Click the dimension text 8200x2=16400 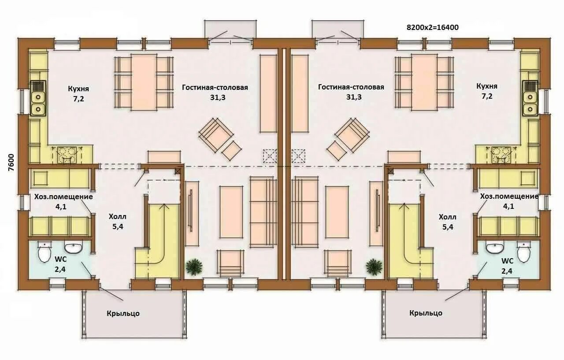[x=433, y=27]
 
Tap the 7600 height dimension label [x=11, y=163]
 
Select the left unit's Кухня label [x=78, y=89]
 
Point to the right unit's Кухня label [x=487, y=86]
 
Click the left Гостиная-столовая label [x=215, y=87]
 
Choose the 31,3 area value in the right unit [x=354, y=97]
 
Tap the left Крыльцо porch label [x=123, y=313]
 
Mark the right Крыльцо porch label [x=426, y=313]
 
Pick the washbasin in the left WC [x=73, y=246]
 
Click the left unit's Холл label [x=118, y=217]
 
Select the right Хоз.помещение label [x=509, y=197]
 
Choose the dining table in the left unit [x=144, y=82]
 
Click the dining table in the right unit [x=424, y=82]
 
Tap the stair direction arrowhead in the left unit [x=165, y=206]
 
